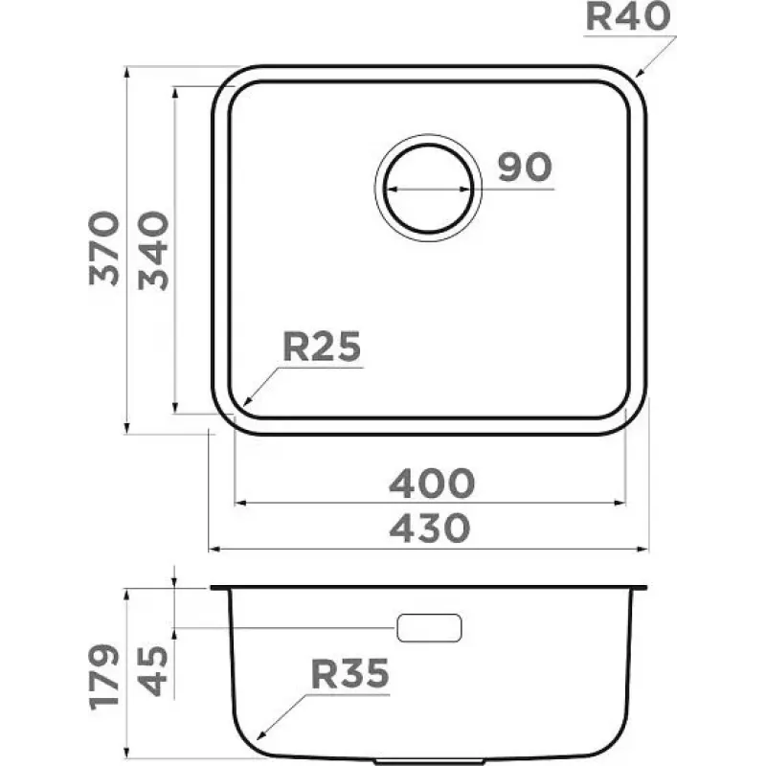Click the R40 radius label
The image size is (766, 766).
click(628, 16)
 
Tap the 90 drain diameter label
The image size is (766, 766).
click(525, 167)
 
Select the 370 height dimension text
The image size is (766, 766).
click(104, 248)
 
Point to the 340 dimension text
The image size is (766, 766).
click(153, 250)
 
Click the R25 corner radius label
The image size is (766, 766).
click(322, 347)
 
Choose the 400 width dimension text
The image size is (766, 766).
click(432, 484)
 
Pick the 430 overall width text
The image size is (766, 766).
click(430, 529)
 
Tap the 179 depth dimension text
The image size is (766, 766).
click(104, 677)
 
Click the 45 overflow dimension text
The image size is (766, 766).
click(153, 671)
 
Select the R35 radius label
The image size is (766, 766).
click(349, 674)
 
